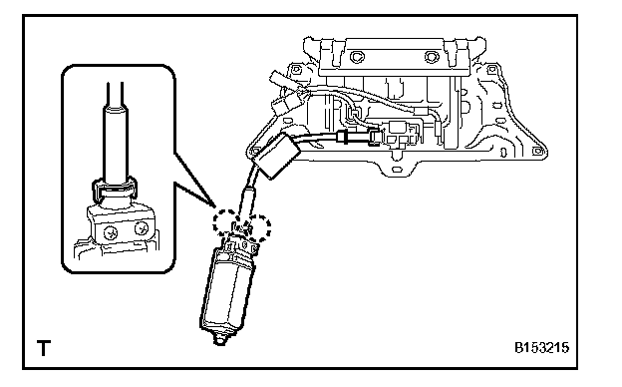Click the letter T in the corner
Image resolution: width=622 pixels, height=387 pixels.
tap(44, 348)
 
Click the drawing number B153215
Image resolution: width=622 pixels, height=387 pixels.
tap(542, 348)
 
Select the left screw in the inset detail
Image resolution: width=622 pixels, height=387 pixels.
tap(111, 233)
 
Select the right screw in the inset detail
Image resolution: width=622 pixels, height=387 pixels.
tap(142, 229)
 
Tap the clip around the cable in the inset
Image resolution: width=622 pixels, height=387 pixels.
tap(115, 189)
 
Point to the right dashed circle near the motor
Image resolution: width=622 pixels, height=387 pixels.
tap(258, 227)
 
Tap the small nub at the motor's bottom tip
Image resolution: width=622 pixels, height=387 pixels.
tap(219, 339)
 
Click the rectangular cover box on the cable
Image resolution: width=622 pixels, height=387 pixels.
tap(276, 156)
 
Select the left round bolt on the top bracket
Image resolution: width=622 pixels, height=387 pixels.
tap(356, 57)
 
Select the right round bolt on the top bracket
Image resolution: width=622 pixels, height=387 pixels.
tap(432, 57)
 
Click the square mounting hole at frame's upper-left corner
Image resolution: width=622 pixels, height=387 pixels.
tap(296, 70)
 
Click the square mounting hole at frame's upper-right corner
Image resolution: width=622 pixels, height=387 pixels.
tap(491, 70)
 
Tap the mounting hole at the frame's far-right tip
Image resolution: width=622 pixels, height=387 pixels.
tap(537, 152)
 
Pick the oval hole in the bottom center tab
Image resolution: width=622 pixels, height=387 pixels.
tap(397, 170)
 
